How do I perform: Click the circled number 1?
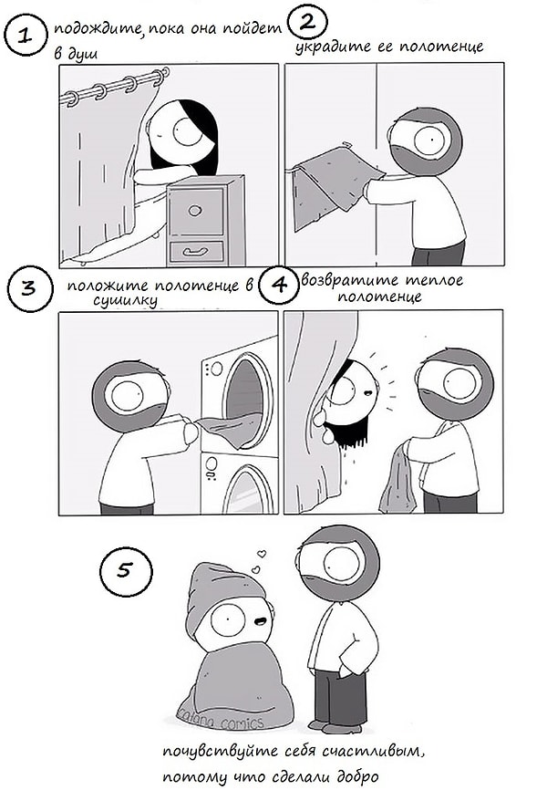pyautogui.click(x=28, y=37)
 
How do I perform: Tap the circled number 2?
pyautogui.click(x=306, y=19)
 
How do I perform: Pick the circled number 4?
pyautogui.click(x=277, y=284)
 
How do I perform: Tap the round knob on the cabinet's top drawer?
pyautogui.click(x=195, y=210)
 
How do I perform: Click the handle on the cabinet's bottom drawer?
pyautogui.click(x=195, y=249)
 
